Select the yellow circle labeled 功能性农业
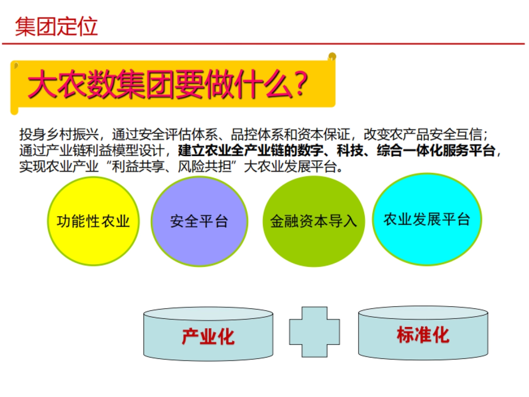point(93,221)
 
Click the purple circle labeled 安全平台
point(199,221)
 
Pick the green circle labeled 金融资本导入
point(313,221)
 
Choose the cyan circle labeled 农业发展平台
point(427,219)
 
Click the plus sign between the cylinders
point(314,332)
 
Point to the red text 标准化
point(423,335)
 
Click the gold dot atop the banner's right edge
point(332,56)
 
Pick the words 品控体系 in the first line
point(249,134)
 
